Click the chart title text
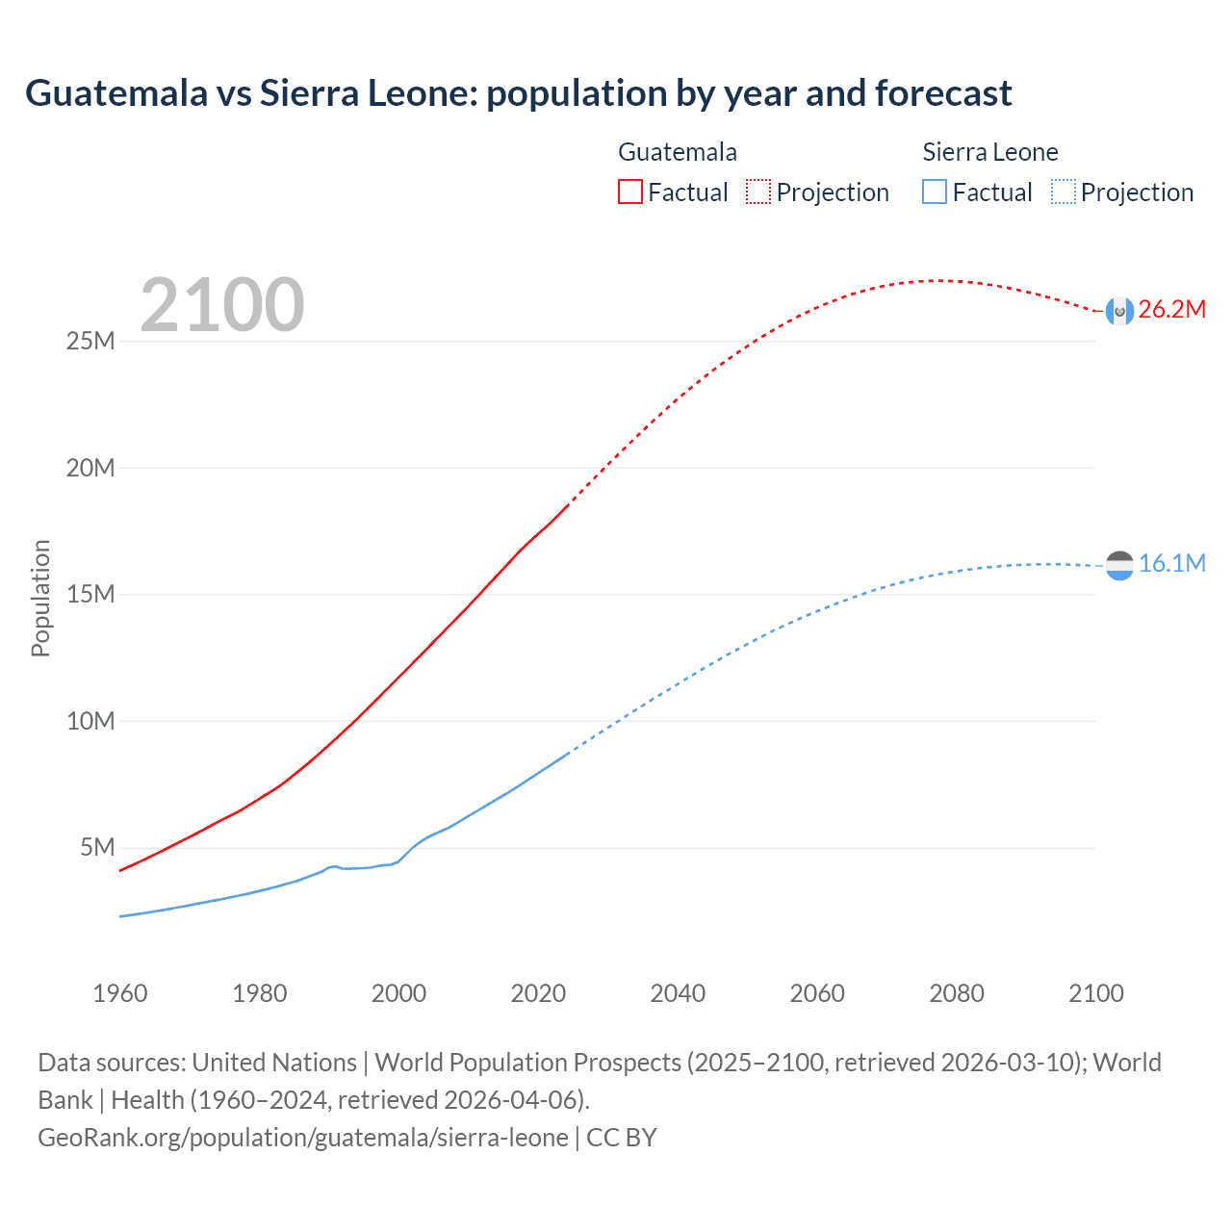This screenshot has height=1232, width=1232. pos(518,93)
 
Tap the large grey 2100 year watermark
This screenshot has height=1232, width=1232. pos(222,305)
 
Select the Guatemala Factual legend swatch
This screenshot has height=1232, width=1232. pos(629,192)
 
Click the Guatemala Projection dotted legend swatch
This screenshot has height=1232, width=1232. pos(758,192)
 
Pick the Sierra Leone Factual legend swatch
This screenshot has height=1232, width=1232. pos(934,192)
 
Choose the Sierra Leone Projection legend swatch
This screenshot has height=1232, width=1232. pos(1063,192)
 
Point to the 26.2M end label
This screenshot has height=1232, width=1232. pos(1171,309)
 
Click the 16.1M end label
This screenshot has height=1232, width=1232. pos(1171,563)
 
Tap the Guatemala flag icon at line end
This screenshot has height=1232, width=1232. pos(1119,311)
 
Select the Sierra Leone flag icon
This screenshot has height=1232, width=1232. pos(1119,565)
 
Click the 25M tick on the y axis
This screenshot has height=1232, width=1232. pos(90,341)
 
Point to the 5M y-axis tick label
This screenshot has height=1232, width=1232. pos(97,847)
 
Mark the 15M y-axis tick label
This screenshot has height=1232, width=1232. pos(90,594)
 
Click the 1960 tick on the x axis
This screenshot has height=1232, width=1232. pos(120,993)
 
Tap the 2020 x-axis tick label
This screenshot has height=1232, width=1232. pos(538,993)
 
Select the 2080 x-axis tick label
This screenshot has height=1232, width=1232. pos(957,993)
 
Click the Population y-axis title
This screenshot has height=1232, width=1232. pos(40,598)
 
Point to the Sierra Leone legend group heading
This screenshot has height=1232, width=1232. pos(989,152)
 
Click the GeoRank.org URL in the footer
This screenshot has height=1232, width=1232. pos(303,1138)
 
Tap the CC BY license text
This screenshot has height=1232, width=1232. pos(622,1138)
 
